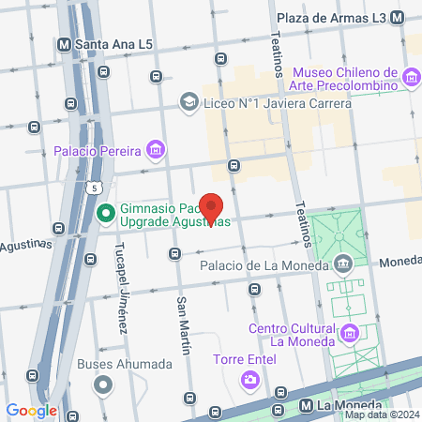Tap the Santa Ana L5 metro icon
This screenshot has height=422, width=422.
point(64,43)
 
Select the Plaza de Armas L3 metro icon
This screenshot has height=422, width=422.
point(398,18)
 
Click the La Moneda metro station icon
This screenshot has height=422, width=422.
point(304,405)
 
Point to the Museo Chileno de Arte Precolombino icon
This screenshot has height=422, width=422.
point(412,76)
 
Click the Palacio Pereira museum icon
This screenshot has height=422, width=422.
point(155,149)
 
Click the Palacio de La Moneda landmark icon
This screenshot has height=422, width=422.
point(343,264)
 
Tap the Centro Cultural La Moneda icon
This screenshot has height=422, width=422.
point(350,332)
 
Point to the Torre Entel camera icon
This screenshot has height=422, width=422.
point(250,380)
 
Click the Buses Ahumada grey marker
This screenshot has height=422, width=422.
point(103,384)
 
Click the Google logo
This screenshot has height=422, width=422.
point(31,410)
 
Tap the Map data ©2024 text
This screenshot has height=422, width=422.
point(381,414)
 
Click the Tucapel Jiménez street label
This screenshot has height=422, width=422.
point(120,294)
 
